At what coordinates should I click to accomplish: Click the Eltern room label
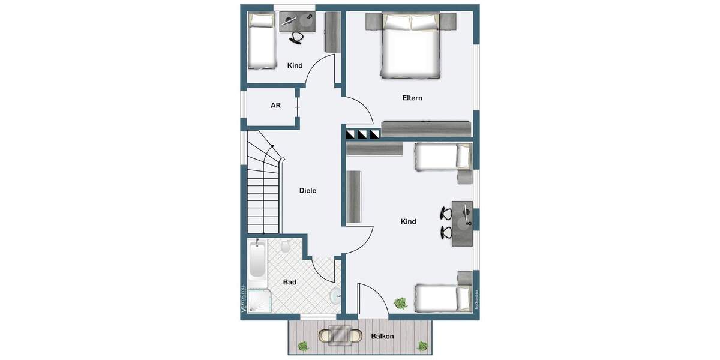click(x=412, y=98)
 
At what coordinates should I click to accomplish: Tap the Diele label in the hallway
click(x=307, y=191)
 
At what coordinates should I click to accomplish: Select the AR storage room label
click(x=275, y=106)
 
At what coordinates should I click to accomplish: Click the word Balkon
click(x=382, y=337)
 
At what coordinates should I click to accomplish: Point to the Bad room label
click(x=290, y=282)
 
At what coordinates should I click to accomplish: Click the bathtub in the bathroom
click(x=257, y=259)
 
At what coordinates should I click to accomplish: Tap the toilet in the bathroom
click(x=286, y=246)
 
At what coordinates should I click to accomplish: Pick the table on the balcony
click(x=340, y=335)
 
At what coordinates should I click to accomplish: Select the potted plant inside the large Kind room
click(x=400, y=303)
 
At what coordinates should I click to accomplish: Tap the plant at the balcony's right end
click(x=422, y=346)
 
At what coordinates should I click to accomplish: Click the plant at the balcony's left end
click(x=303, y=346)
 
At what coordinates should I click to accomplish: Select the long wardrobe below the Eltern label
click(x=426, y=129)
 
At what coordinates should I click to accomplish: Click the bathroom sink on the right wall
click(x=335, y=295)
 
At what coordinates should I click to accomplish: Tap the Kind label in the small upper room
click(x=295, y=66)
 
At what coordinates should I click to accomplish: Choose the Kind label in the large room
click(x=408, y=222)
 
